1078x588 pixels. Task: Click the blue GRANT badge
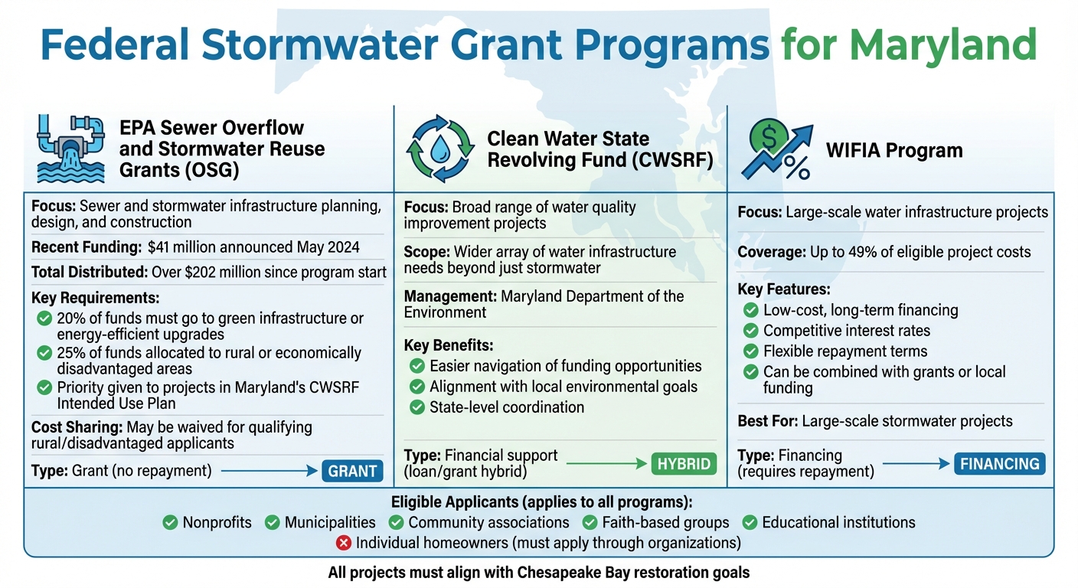[x=352, y=471]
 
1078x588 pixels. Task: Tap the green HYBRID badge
[x=684, y=463]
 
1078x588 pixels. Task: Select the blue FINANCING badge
[x=1000, y=463]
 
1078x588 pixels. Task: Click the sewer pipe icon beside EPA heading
[x=70, y=149]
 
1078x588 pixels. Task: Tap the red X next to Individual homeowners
[x=344, y=543]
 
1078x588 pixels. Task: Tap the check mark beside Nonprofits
[x=171, y=523]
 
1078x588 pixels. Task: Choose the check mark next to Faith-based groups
[x=590, y=523]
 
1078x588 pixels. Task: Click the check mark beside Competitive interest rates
[x=751, y=331]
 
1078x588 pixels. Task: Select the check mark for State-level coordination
[x=417, y=407]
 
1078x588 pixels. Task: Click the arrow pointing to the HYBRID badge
[x=605, y=463]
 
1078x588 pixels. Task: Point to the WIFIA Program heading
[x=894, y=150]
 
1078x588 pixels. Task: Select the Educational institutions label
[x=838, y=523]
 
